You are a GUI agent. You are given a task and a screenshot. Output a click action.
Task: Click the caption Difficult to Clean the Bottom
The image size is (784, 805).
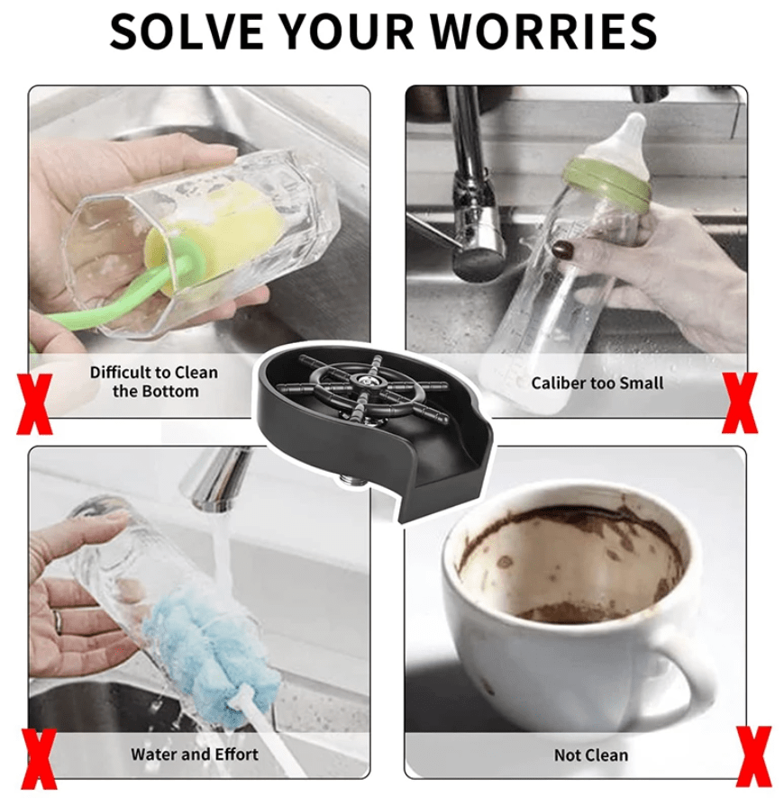(x=152, y=382)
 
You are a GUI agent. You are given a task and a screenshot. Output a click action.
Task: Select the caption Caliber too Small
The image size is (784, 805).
(x=597, y=383)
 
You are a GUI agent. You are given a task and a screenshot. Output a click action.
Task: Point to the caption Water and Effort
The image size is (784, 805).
(x=194, y=755)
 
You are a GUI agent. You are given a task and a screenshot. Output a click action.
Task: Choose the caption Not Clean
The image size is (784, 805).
(x=590, y=755)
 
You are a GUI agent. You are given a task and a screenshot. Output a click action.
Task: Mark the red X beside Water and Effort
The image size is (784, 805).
(x=41, y=761)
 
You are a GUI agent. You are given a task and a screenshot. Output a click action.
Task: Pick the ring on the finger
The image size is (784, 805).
(x=57, y=620)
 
